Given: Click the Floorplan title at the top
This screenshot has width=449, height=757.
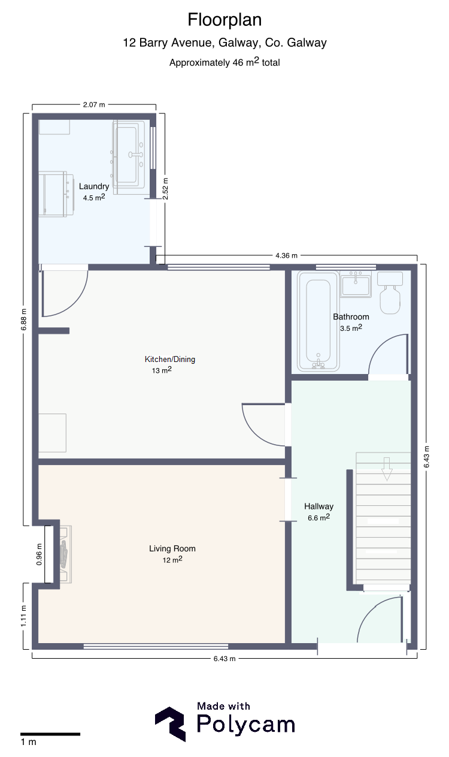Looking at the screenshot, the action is pos(224,20).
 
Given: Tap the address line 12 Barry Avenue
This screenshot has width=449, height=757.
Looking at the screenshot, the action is pos(224,43).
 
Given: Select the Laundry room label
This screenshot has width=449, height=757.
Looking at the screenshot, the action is pos(94,186).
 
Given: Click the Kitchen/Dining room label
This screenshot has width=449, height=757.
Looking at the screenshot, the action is pos(170,359).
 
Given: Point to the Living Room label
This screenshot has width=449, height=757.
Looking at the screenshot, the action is pos(172,548).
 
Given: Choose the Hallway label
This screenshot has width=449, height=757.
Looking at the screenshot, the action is pos(318,506).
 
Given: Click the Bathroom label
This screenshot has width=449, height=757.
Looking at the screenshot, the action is pos(351,316).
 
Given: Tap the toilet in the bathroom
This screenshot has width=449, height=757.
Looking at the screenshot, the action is pos(390,292).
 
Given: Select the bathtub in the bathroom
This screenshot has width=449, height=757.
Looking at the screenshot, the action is pos(318,321).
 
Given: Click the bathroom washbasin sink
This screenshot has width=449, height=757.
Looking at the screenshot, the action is pos(356,284).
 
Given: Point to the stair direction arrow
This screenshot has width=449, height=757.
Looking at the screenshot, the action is pos(387,469).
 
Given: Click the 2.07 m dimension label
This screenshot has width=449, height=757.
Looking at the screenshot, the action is pos(94,105).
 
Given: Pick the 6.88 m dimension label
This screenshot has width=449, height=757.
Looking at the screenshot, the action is pos(23,319).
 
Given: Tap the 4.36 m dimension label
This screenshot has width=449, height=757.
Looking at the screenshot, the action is pos(286,255).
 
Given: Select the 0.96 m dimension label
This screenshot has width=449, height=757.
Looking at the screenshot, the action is pos(39,554).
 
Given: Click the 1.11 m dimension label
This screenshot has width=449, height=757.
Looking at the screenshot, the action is pos(23,616).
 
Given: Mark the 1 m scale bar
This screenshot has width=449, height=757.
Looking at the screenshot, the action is pos(50,734).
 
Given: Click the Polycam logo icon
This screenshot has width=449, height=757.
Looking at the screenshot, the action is pos(171,724).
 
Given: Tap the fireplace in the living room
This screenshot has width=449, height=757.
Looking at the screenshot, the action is pos(65,554).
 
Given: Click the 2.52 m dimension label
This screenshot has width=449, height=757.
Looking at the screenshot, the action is pos(165,189).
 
